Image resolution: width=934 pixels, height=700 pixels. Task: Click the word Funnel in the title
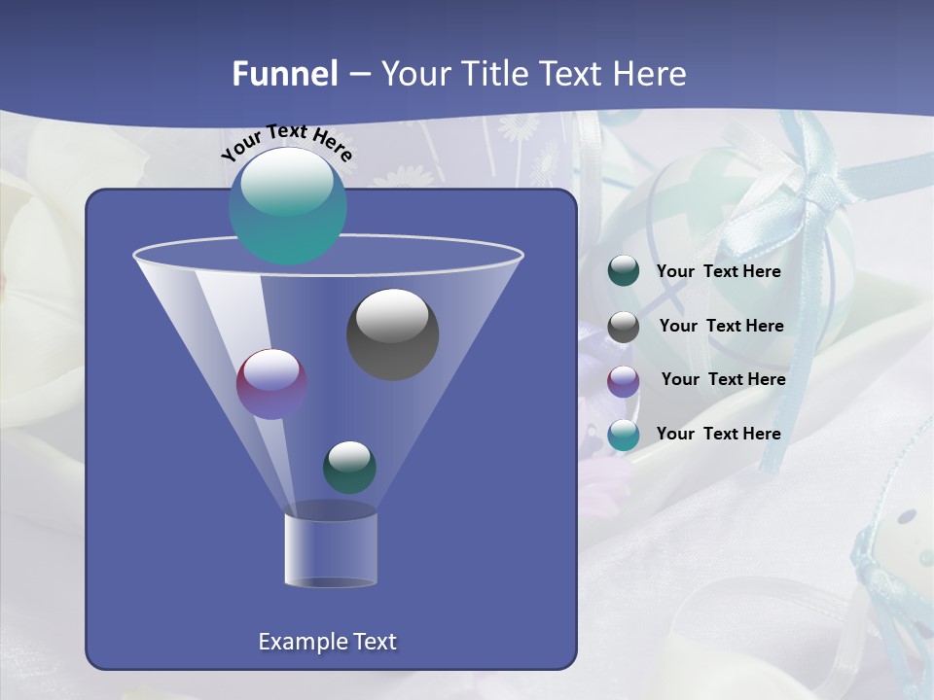(x=285, y=74)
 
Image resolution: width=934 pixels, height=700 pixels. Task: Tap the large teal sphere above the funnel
(x=288, y=206)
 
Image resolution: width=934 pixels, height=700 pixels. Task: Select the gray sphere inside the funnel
(x=392, y=333)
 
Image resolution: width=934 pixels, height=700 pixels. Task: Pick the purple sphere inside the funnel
(x=271, y=383)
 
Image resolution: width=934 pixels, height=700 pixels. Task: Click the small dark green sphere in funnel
(x=349, y=467)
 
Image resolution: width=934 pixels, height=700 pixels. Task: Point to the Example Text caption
(x=327, y=642)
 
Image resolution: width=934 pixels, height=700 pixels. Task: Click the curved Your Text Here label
(x=287, y=142)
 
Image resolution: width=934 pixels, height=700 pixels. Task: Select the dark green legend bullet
(x=624, y=271)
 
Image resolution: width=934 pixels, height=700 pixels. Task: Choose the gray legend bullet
(x=624, y=327)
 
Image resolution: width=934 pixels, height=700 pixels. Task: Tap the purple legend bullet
(x=624, y=381)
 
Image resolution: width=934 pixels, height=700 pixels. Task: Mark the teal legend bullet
(x=624, y=435)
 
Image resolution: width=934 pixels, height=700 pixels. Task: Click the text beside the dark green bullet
(x=718, y=272)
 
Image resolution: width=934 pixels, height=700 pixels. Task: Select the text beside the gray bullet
(x=721, y=326)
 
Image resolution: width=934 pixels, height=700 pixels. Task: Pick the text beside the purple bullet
(x=723, y=379)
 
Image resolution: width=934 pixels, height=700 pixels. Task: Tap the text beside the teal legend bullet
(x=718, y=434)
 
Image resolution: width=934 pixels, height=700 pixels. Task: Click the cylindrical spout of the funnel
(x=330, y=549)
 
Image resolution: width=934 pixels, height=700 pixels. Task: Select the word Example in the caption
(x=295, y=642)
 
